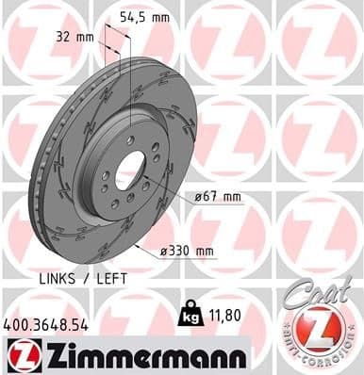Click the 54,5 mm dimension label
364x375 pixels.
[x=144, y=16]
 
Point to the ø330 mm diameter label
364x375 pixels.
[x=189, y=251]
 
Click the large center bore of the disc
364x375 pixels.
[x=130, y=171]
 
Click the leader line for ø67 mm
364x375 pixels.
[x=170, y=188]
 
